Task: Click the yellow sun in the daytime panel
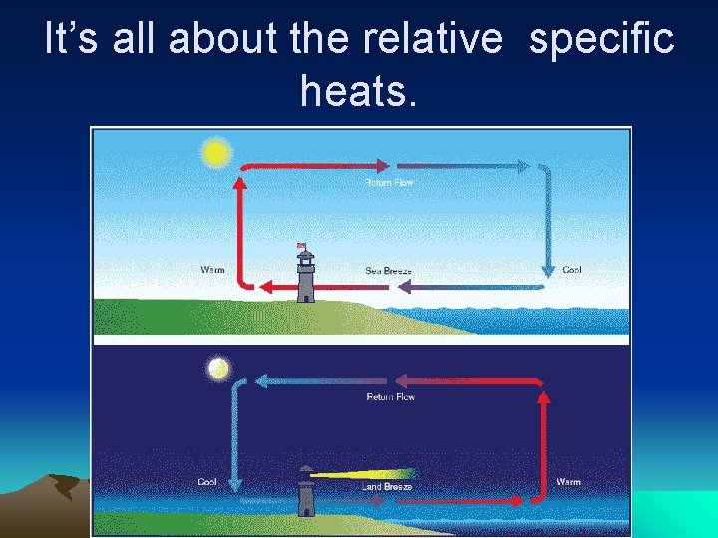coord(215,153)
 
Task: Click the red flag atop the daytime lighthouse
coord(300,245)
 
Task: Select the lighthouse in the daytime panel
coord(305,275)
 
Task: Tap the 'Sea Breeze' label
coord(388,271)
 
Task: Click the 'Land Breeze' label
coord(387,487)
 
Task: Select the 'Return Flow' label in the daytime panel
coord(389,183)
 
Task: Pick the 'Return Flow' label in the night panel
coord(391,397)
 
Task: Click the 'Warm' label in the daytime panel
coord(212,270)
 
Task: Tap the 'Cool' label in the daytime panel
coord(572,270)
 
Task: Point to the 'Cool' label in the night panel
coord(207,482)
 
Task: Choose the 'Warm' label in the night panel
coord(568,482)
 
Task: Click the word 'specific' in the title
coord(601,40)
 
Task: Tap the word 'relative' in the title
coord(433,40)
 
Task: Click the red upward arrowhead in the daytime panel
coord(239,184)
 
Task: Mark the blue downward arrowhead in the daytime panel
coord(547,268)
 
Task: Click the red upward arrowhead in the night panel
coord(544,398)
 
